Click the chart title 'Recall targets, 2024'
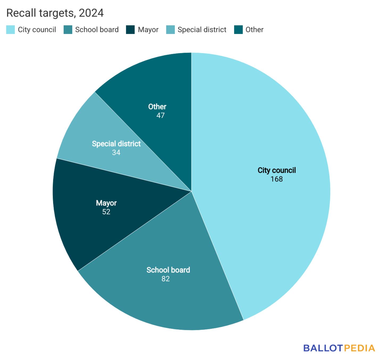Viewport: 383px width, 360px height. click(x=55, y=13)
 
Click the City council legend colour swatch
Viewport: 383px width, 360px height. click(x=11, y=30)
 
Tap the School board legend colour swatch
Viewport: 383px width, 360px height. click(x=68, y=30)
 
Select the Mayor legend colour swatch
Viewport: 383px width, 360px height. click(x=130, y=30)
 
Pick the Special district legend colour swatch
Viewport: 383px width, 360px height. click(x=170, y=30)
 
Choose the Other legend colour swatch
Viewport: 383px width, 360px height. click(x=238, y=30)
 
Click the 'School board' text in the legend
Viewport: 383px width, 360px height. click(x=97, y=30)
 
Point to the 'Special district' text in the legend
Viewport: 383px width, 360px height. click(x=202, y=30)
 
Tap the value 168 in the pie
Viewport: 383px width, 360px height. click(x=277, y=179)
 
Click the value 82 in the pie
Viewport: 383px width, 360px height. click(x=165, y=279)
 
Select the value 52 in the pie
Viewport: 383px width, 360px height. click(x=106, y=212)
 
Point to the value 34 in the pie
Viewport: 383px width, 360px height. click(x=116, y=153)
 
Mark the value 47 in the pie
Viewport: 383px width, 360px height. click(x=160, y=115)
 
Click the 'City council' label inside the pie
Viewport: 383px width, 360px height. click(x=277, y=170)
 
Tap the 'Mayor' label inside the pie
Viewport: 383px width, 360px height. click(x=106, y=203)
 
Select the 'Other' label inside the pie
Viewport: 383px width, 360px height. click(x=157, y=107)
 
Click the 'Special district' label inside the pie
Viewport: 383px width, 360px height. click(x=116, y=144)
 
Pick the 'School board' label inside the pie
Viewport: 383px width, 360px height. click(x=168, y=270)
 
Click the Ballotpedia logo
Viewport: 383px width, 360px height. click(x=339, y=348)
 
